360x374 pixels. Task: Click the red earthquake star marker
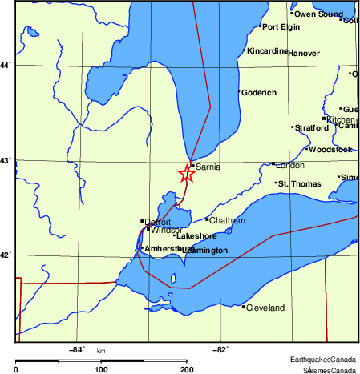(x=186, y=173)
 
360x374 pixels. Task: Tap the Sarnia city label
(x=208, y=167)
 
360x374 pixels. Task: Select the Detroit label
(x=158, y=221)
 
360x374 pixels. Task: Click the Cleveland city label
(x=265, y=308)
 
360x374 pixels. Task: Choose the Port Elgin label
(x=281, y=27)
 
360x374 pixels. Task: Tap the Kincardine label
(x=267, y=51)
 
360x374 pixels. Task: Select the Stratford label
(x=312, y=127)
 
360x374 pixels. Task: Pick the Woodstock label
(x=330, y=149)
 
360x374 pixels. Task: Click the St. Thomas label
(x=299, y=184)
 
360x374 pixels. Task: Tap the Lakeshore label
(x=196, y=236)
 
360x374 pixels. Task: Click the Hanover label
(x=303, y=54)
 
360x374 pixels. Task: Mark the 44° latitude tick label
(x=6, y=64)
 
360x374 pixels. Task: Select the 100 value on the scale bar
(x=101, y=369)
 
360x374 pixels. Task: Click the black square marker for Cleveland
(x=243, y=306)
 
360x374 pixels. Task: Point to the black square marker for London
(x=273, y=164)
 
